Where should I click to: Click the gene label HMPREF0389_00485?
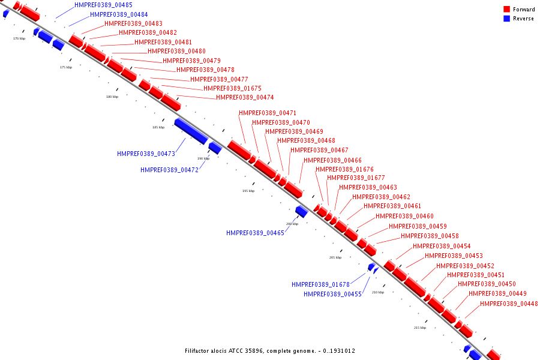coord(103,5)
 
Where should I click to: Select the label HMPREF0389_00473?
coord(146,154)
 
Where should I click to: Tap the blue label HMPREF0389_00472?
coord(169,170)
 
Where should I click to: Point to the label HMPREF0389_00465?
coord(255,233)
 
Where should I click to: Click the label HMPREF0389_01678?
coord(320,284)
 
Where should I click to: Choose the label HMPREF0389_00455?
coord(332,294)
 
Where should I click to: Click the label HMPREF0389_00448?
coord(509,304)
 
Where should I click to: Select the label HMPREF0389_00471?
coord(268,113)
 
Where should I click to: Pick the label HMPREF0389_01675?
coord(232,88)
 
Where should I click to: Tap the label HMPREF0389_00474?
coord(245,97)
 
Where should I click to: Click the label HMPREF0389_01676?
coord(344,169)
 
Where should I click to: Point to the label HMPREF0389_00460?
coord(404,216)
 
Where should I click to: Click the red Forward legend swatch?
coord(506,10)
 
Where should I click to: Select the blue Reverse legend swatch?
coord(506,19)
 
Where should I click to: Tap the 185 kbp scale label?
coord(158,127)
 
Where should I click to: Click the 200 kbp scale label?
coord(292,224)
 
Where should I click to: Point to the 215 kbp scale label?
coord(420,328)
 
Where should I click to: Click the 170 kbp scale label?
coord(19,38)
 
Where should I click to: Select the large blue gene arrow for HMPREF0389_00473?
coord(191,131)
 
